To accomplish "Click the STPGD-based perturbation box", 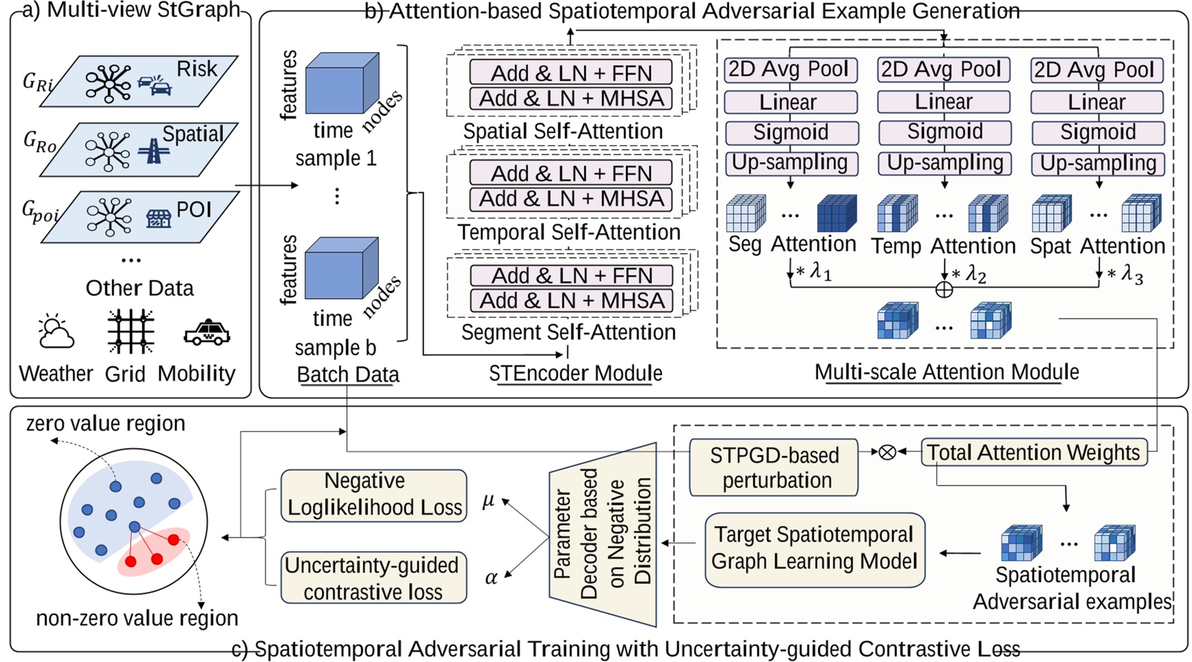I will coord(773,468).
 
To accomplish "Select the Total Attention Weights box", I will coord(1033,453).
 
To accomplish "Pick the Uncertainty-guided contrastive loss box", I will coord(374,578).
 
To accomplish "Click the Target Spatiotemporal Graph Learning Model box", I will coord(814,548).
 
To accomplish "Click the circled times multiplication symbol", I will coord(887,452).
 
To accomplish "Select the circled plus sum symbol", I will coord(944,289).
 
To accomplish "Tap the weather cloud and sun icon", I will coord(56,333).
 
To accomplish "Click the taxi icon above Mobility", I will coord(207,333).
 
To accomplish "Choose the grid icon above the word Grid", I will coord(130,332).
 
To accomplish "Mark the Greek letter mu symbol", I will coord(488,501).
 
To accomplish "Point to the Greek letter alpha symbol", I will coord(491,578).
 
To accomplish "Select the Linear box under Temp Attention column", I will coord(944,102).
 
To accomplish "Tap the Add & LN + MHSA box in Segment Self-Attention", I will coord(571,301).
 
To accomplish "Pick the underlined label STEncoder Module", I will coord(575,373).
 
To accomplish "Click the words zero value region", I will coord(105,424).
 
